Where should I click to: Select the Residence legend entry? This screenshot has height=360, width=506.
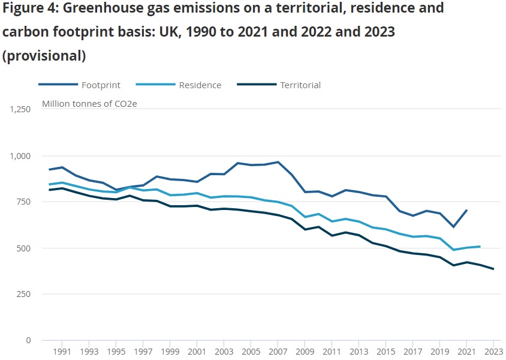(200, 85)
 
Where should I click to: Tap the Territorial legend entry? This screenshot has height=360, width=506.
(300, 85)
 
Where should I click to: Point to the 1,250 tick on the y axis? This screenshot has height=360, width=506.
(20, 110)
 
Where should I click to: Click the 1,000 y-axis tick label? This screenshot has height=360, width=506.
(20, 156)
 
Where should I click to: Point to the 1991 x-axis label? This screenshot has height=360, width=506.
(62, 352)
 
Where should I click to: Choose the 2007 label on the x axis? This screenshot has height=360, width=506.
(278, 352)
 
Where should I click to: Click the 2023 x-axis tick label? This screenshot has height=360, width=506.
(493, 352)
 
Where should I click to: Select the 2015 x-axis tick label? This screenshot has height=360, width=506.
(385, 352)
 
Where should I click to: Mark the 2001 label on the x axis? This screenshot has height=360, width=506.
(197, 352)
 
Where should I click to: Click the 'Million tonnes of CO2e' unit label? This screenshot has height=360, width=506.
(89, 104)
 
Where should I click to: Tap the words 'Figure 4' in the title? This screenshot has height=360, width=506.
(29, 8)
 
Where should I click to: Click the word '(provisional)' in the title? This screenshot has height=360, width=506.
(44, 56)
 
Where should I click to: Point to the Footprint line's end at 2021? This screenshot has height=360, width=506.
(466, 211)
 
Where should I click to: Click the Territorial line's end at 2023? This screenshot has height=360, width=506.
(493, 269)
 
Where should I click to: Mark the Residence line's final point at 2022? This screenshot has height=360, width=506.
(480, 247)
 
